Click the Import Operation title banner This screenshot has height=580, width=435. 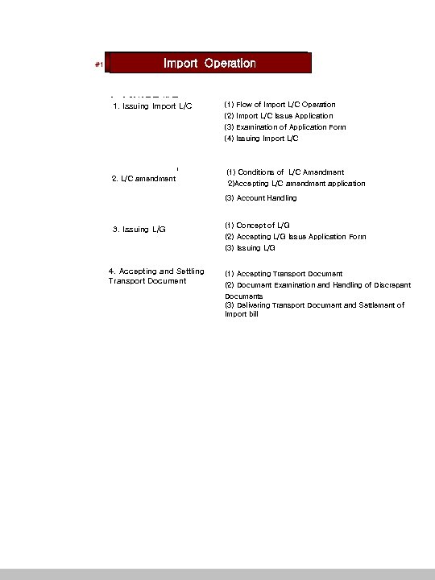(209, 64)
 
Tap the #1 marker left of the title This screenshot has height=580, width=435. (98, 65)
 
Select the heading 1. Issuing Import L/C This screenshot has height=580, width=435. (152, 106)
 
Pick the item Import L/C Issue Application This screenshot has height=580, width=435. (278, 116)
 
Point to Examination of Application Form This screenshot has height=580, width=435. (285, 127)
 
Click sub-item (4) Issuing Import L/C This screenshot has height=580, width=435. (261, 139)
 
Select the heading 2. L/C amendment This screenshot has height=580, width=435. (143, 178)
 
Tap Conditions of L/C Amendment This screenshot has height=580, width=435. (285, 172)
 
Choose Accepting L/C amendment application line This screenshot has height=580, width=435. (296, 184)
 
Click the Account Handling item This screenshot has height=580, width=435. (261, 198)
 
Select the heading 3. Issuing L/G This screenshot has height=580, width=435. (139, 230)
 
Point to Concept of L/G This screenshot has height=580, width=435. (258, 226)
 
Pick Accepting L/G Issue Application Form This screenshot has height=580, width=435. (295, 237)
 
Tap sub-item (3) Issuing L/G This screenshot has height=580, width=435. (250, 248)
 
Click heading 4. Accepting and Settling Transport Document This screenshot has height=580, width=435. (155, 276)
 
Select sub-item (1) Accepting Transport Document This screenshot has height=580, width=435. (284, 274)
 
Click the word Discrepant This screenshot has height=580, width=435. (392, 285)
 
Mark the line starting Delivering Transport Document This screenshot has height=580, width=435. (314, 305)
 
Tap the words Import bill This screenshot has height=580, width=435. (242, 314)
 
